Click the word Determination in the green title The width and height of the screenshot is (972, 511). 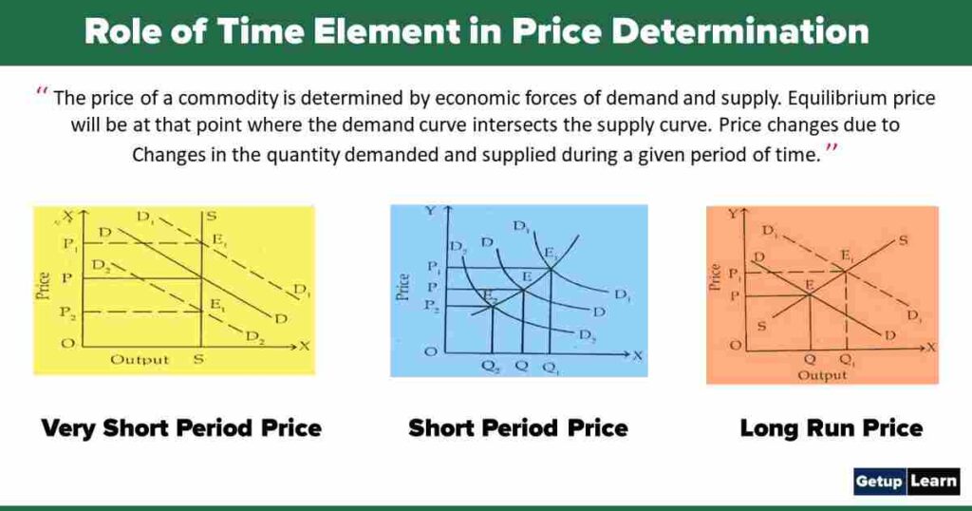click(x=739, y=31)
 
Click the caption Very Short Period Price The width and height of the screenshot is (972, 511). click(x=181, y=428)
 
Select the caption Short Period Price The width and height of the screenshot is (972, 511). click(x=518, y=428)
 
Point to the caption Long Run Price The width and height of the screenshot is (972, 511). click(x=831, y=428)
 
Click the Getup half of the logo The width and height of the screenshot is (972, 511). click(x=880, y=481)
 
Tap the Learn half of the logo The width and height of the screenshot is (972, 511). click(x=934, y=481)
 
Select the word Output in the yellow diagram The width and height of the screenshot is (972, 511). click(x=140, y=359)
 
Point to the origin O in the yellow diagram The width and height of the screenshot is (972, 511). click(x=67, y=344)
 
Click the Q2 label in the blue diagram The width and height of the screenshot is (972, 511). click(x=492, y=369)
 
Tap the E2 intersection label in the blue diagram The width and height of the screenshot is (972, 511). click(x=490, y=296)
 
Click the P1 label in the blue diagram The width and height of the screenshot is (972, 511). click(x=434, y=269)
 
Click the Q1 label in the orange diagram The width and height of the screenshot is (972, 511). click(x=846, y=362)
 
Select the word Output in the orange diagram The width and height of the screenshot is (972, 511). click(x=822, y=375)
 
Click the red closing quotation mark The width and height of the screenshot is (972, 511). click(x=832, y=150)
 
